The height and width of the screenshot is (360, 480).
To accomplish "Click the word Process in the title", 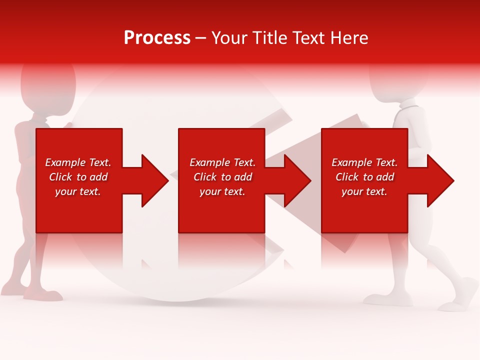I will point(157,38).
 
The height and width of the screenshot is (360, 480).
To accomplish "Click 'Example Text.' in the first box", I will point(78,162).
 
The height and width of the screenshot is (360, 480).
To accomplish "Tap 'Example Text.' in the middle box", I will point(222,162).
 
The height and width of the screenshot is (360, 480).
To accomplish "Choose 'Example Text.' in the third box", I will point(364,162).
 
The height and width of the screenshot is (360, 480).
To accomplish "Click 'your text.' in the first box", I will point(78,191).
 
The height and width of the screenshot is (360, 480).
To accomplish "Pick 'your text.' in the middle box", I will point(222,191).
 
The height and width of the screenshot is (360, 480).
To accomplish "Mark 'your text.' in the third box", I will point(364,191).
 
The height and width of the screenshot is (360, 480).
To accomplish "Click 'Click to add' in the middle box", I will point(222,177).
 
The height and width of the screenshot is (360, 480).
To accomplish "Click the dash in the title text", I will point(201,38).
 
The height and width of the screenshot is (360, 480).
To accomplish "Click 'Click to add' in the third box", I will point(364,177).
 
